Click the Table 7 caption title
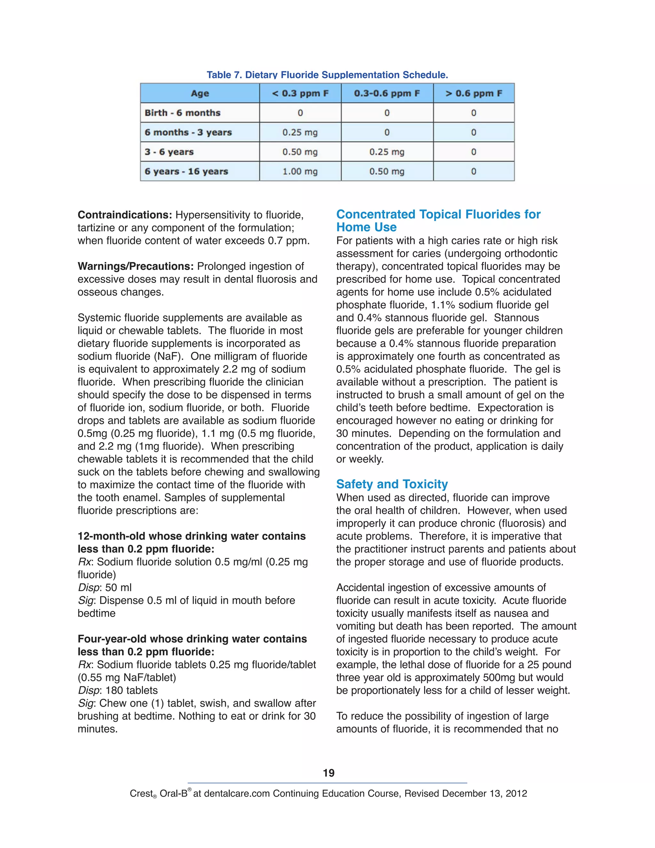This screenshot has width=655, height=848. point(327,75)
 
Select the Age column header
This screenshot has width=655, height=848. point(200,93)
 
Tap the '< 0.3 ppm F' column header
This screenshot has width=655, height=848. point(300,93)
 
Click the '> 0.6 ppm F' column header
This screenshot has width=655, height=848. point(473,93)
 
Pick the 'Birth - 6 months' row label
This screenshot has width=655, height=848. point(182,113)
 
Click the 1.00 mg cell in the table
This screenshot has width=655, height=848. point(300,171)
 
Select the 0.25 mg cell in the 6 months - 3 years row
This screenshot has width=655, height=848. point(300,132)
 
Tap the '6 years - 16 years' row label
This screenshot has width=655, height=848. point(186,171)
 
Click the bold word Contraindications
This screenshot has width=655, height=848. point(124,215)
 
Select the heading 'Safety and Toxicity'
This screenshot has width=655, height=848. point(392,484)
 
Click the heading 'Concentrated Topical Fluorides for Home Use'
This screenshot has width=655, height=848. point(438,220)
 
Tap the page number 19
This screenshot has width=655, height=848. point(328,773)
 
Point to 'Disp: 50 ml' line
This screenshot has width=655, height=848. point(105,588)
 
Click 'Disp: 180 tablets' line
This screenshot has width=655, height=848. point(118,690)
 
